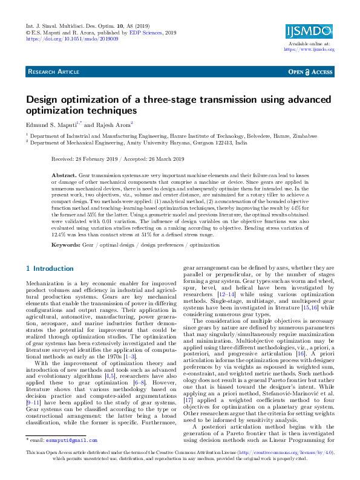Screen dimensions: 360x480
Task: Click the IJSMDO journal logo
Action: [x=309, y=31]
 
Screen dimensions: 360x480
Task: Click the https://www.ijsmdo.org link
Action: [x=309, y=49]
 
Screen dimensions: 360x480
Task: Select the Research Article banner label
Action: [x=53, y=72]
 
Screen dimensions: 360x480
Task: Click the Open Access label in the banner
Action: [x=311, y=72]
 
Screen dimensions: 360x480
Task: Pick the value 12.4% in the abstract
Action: [x=60, y=233]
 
